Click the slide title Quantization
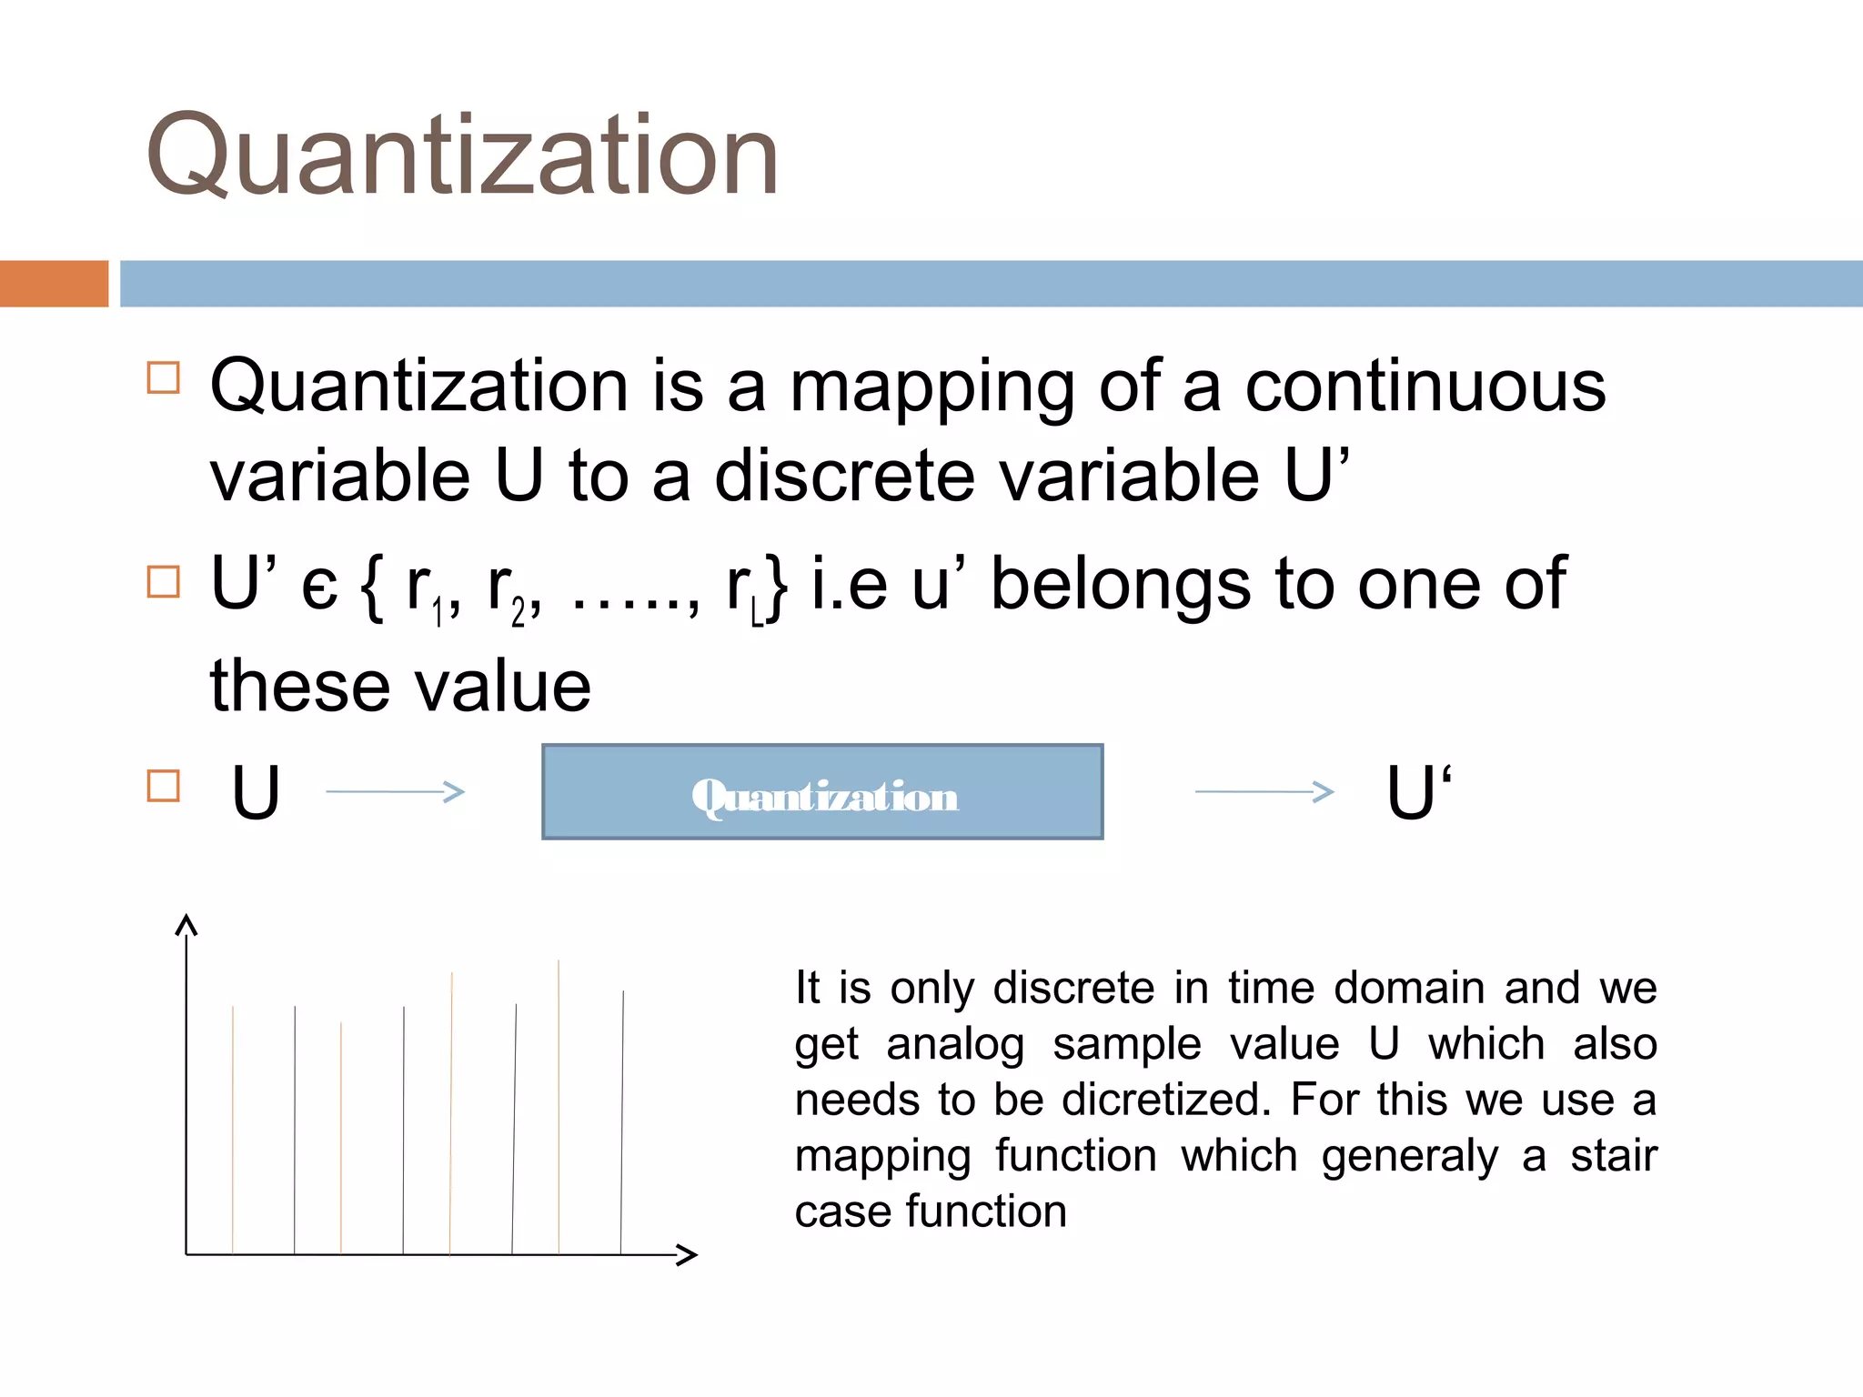pyautogui.click(x=462, y=155)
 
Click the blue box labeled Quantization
pyautogui.click(x=822, y=792)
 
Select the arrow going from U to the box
pyautogui.click(x=395, y=792)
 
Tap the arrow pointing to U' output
pyautogui.click(x=1264, y=792)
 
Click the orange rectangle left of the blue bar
pyautogui.click(x=54, y=284)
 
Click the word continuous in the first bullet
pyautogui.click(x=1425, y=387)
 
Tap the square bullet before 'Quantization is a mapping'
pyautogui.click(x=164, y=377)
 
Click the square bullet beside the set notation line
pyautogui.click(x=164, y=582)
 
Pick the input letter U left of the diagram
pyautogui.click(x=256, y=792)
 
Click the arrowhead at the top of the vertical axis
pyautogui.click(x=186, y=926)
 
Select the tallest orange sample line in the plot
pyautogui.click(x=559, y=1106)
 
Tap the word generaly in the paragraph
pyautogui.click(x=1410, y=1157)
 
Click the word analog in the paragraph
pyautogui.click(x=955, y=1044)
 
